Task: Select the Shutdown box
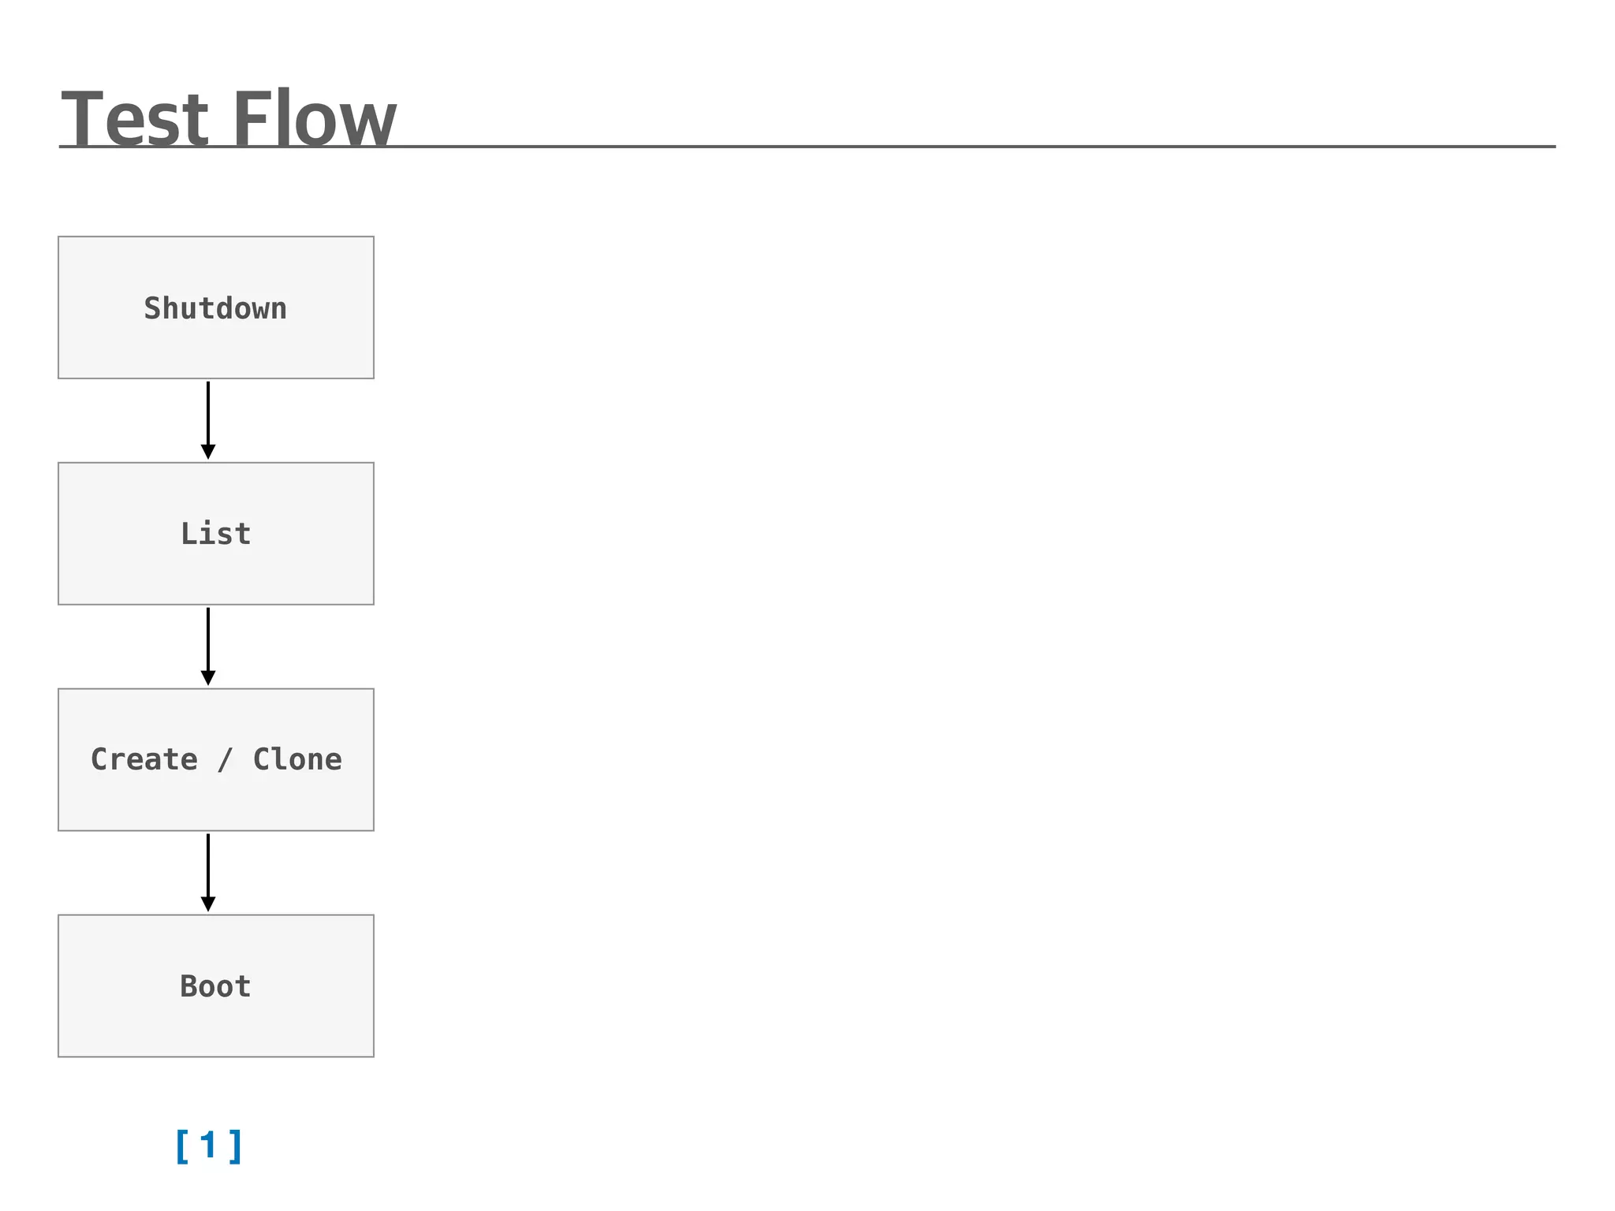coord(215,307)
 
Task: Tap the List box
coord(215,534)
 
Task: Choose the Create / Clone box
coord(215,759)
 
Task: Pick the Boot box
coord(215,986)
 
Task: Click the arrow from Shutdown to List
coord(208,418)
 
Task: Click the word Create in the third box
coord(144,759)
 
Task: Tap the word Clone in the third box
coord(297,759)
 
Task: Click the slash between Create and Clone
coord(226,760)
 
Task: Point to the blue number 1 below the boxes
coord(208,1145)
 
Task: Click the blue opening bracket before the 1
coord(182,1146)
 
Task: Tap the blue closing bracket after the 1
coord(235,1146)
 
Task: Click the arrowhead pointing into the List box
coord(208,452)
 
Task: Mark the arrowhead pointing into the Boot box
coord(208,904)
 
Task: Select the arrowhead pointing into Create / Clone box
coord(208,678)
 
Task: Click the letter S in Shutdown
coord(152,307)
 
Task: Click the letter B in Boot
coord(188,986)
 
